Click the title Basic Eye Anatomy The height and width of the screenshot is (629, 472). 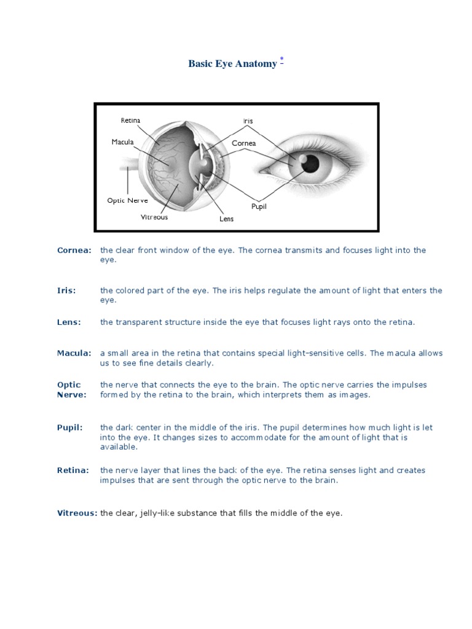[x=232, y=64]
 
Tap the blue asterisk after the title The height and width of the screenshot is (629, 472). [x=281, y=60]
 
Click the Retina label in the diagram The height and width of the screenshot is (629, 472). [x=130, y=120]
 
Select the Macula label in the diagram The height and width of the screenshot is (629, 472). [x=122, y=142]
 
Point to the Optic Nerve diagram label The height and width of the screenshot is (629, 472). [x=127, y=200]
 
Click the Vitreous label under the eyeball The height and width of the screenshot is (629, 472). [x=154, y=217]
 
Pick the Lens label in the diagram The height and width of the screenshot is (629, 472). [x=227, y=219]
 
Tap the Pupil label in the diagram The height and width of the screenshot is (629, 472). [x=259, y=206]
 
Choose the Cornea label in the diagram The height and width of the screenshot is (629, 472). [x=243, y=143]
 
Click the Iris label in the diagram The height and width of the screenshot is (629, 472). [x=248, y=121]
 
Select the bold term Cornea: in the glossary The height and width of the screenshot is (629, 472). [x=74, y=250]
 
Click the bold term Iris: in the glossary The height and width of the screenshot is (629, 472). [x=66, y=291]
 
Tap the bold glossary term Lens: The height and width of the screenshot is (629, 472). [x=69, y=322]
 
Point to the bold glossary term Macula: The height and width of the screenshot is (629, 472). [x=74, y=353]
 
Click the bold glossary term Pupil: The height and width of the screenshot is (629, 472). [x=69, y=427]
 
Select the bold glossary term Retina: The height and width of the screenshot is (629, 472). [x=73, y=470]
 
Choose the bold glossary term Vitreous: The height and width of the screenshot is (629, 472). [x=77, y=513]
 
